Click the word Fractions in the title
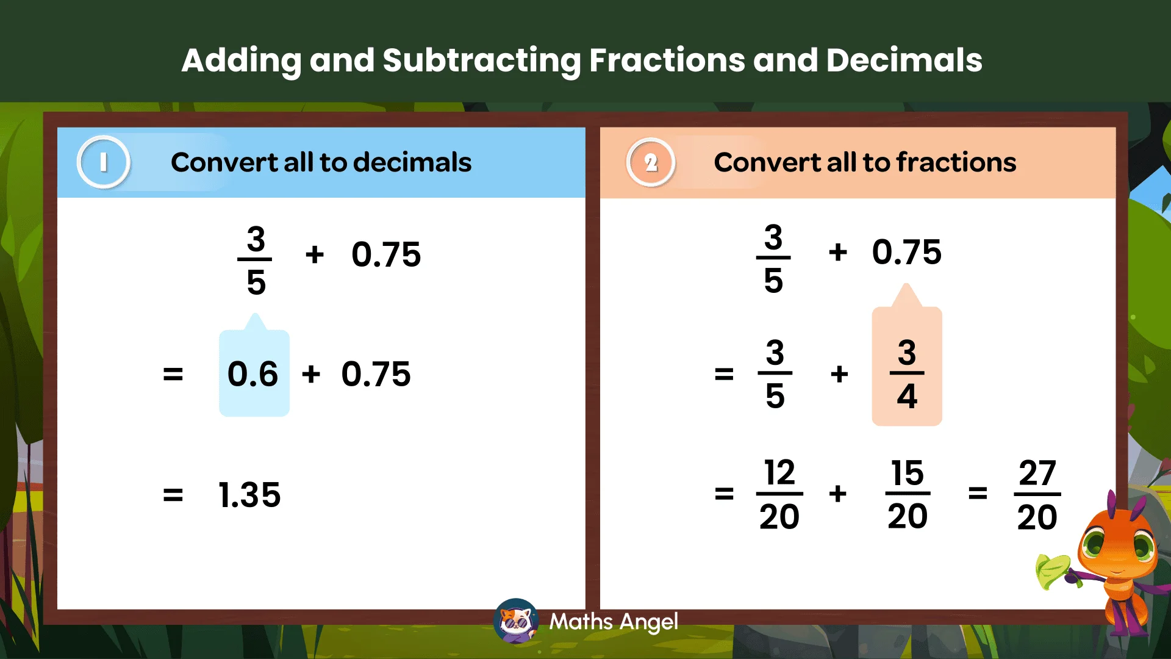coord(667,60)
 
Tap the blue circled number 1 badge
coord(104,162)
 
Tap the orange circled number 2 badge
coord(651,162)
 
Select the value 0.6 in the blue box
coord(252,374)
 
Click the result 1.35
coord(249,494)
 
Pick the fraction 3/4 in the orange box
coord(907,373)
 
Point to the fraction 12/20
coord(779,494)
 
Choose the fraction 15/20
coord(908,494)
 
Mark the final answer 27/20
coord(1037,494)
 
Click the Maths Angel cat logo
coord(516,621)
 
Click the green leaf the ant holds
coord(1053,571)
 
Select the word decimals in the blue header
coord(412,162)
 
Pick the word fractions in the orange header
coord(956,162)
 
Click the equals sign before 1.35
coord(173,495)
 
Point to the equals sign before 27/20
coord(978,493)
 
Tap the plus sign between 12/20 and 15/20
coord(838,493)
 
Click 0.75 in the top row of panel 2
coord(906,252)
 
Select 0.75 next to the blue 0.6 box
coord(376,374)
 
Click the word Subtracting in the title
coord(481,60)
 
